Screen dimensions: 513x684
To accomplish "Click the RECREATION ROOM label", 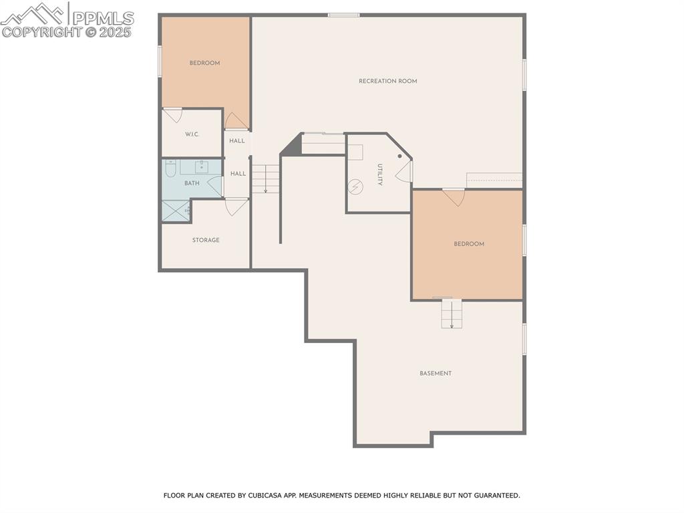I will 387,81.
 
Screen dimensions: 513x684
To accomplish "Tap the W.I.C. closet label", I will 192,134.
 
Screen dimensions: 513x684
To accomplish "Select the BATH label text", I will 192,183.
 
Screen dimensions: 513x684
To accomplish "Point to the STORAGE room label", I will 206,240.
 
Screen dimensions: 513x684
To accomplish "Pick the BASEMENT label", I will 436,373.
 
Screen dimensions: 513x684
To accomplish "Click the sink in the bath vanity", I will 201,167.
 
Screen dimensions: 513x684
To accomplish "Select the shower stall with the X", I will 175,211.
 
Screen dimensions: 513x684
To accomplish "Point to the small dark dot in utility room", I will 399,156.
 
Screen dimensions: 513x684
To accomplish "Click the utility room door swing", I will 404,173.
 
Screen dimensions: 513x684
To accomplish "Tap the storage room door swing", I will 236,207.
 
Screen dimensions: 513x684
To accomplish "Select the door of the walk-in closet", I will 173,115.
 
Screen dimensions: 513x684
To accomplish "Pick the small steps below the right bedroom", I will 452,314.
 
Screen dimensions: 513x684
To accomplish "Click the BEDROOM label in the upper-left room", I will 204,63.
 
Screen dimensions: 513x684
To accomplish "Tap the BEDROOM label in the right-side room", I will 469,244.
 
